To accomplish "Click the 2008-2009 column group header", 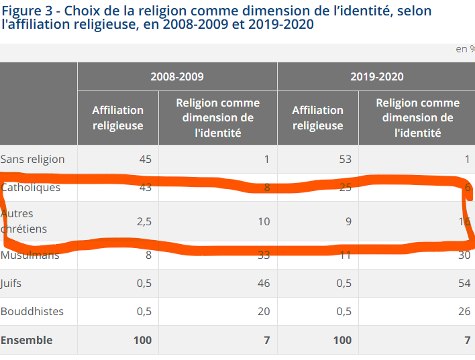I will pos(177,76).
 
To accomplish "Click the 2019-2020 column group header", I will pos(376,76).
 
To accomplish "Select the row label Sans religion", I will pos(33,160).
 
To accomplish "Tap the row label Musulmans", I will pos(30,255).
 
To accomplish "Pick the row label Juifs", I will pos(11,284).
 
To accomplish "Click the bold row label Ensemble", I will pos(26,341).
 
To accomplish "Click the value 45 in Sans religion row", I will pos(145,160).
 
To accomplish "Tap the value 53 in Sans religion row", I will pos(345,160).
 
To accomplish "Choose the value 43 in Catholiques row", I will pos(145,188).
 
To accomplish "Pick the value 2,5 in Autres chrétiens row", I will pos(144,221).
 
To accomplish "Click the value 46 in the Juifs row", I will pos(263,284).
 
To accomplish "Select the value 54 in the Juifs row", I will pos(463,284).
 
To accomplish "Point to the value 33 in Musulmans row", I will pos(263,255).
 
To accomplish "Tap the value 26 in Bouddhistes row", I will pos(463,312).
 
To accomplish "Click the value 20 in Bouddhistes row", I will pos(263,312).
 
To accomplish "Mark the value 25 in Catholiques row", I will pos(345,188).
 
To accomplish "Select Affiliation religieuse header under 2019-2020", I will pos(317,118).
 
